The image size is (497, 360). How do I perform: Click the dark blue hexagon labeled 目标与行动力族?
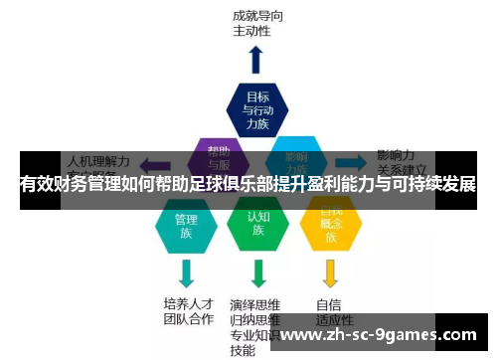(256, 109)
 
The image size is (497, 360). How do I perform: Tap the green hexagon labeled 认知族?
(256, 225)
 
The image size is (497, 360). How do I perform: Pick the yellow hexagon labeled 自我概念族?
(330, 225)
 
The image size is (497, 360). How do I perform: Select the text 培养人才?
(188, 303)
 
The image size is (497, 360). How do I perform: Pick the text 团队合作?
(188, 319)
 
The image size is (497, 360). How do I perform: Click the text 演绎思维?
(254, 304)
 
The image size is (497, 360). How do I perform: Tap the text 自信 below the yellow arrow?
(328, 304)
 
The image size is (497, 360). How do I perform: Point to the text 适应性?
(334, 319)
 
